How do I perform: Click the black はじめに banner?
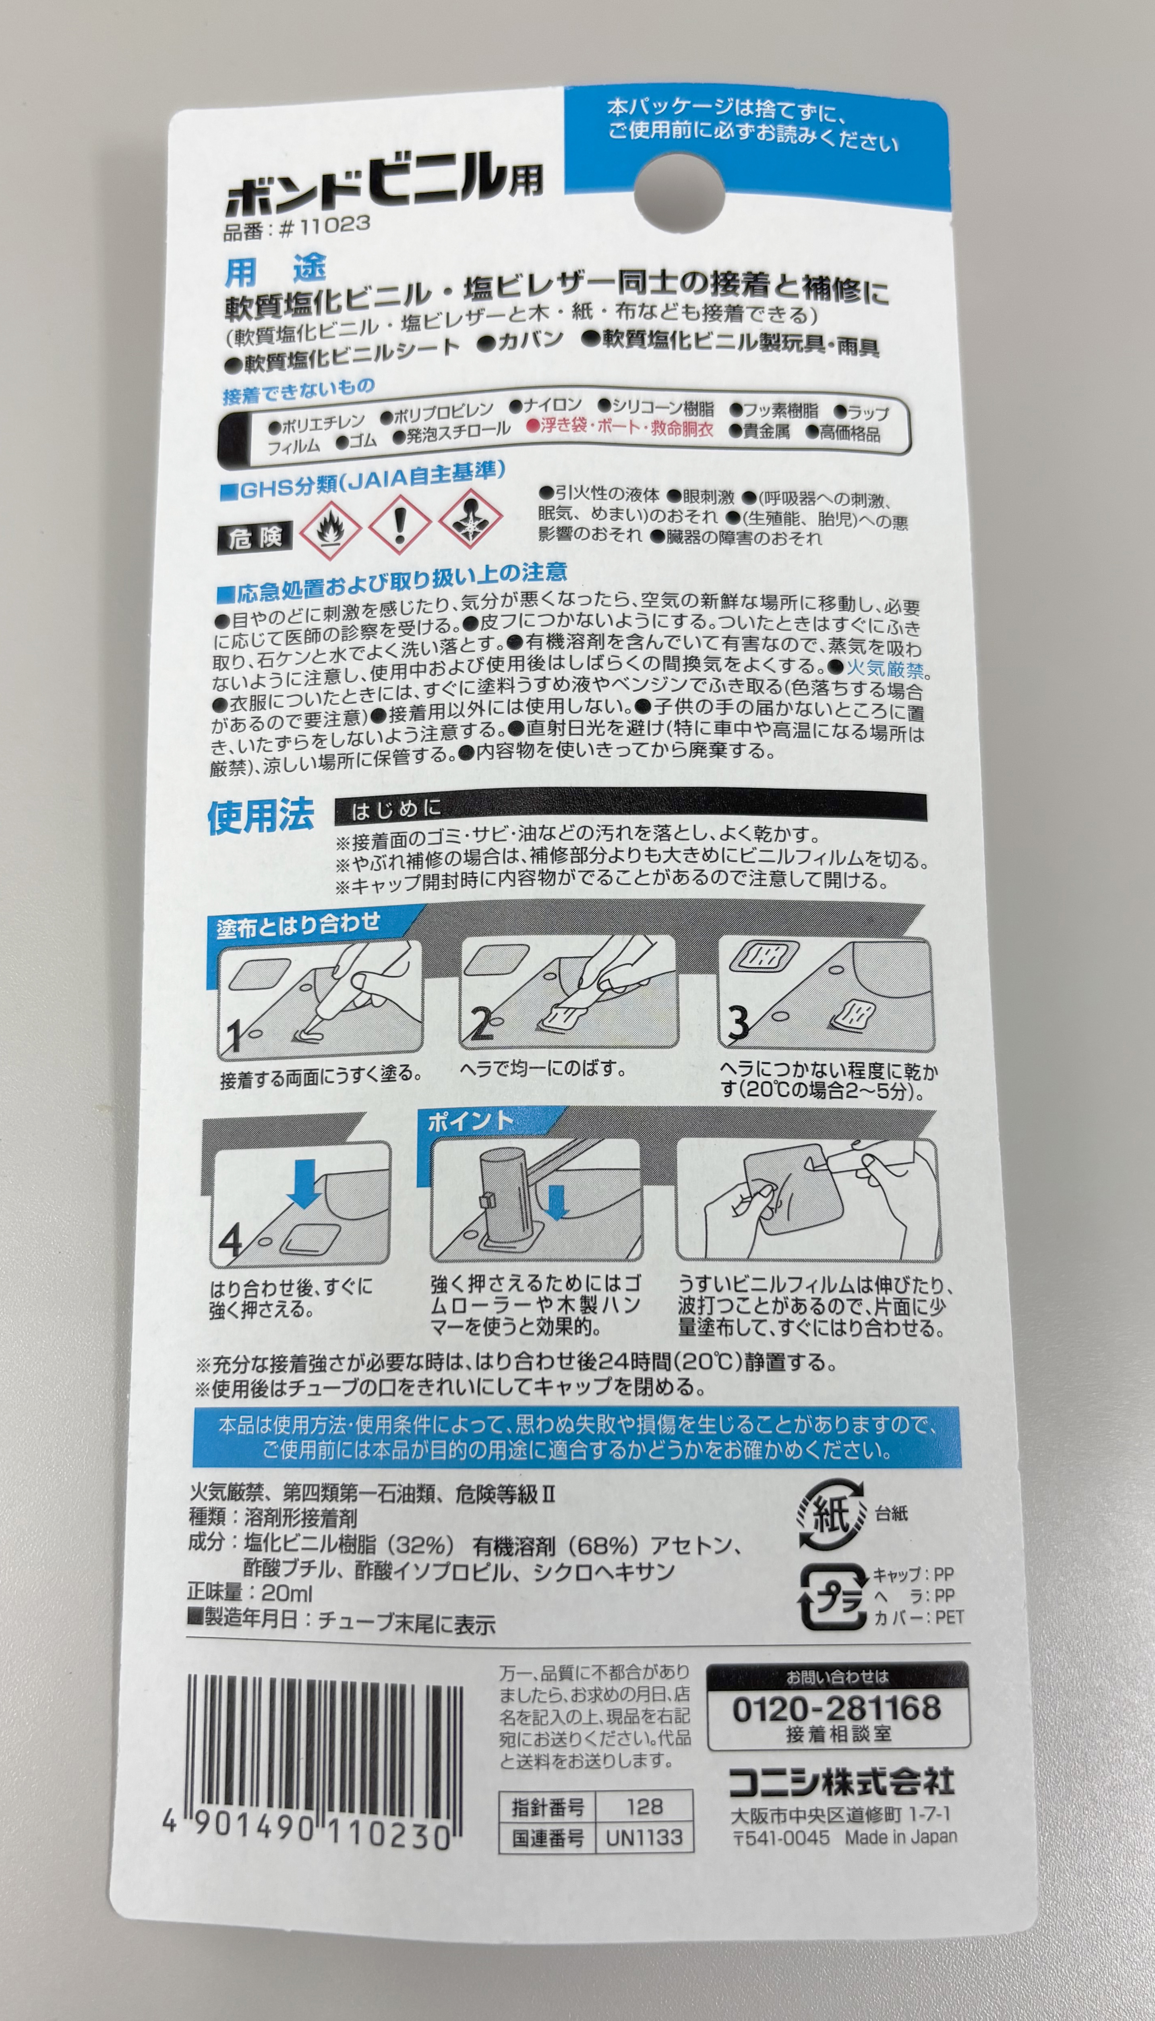click(x=631, y=808)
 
